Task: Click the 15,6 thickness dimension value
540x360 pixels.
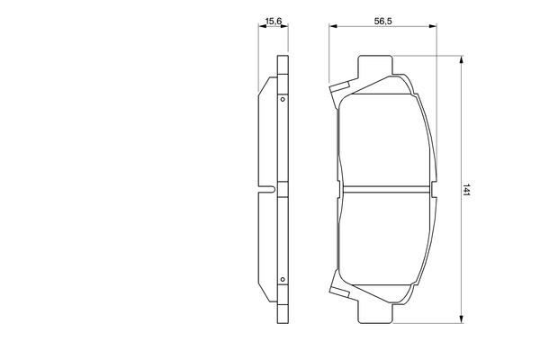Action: coord(270,16)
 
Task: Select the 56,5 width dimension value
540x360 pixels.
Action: coord(382,16)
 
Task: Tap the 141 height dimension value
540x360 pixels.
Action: coord(469,190)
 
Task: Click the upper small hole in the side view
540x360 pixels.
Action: coord(282,99)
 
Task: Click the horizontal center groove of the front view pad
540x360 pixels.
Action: coord(387,189)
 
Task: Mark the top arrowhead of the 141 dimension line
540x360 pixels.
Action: coord(462,61)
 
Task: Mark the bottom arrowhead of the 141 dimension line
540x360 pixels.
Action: coord(462,317)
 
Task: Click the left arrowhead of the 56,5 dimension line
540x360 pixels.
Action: coord(332,27)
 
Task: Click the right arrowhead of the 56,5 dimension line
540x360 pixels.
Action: coord(439,27)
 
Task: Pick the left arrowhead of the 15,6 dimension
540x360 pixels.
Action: coord(261,27)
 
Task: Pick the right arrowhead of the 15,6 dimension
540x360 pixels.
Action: coord(288,27)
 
